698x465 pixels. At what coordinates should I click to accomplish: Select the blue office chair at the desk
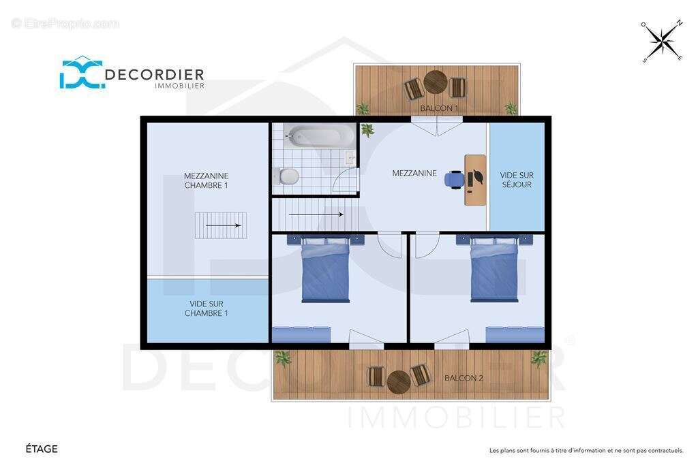[x=454, y=179]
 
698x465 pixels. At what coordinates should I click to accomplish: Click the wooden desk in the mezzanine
[x=475, y=180]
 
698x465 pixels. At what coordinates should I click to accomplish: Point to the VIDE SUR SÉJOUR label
[x=517, y=180]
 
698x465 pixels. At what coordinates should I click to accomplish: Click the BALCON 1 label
[x=439, y=108]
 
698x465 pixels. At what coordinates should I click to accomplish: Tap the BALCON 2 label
[x=464, y=378]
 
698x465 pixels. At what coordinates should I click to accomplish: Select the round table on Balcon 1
[x=435, y=82]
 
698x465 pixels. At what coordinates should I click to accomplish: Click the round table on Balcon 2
[x=398, y=383]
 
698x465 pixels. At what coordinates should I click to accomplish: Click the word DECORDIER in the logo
[x=154, y=74]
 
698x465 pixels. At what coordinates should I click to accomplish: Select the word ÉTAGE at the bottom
[x=42, y=449]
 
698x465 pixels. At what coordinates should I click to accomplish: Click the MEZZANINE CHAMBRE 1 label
[x=206, y=180]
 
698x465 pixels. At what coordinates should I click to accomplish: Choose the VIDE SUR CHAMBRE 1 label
[x=206, y=308]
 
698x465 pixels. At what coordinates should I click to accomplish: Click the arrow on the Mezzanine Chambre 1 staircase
[x=224, y=225]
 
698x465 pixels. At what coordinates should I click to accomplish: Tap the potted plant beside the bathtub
[x=367, y=129]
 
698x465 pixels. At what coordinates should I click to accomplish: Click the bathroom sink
[x=350, y=158]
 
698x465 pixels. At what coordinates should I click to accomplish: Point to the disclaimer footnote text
[x=586, y=450]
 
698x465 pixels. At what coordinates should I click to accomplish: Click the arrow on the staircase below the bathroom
[x=316, y=214]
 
